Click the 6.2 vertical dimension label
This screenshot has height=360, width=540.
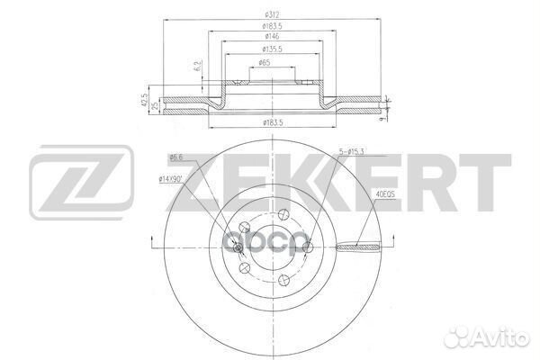click(196, 65)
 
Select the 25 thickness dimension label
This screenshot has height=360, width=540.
click(154, 104)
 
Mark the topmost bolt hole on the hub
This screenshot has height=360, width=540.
click(282, 213)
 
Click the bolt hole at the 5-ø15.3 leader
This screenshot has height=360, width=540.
click(304, 244)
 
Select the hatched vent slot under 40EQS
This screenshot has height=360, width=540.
click(360, 246)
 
